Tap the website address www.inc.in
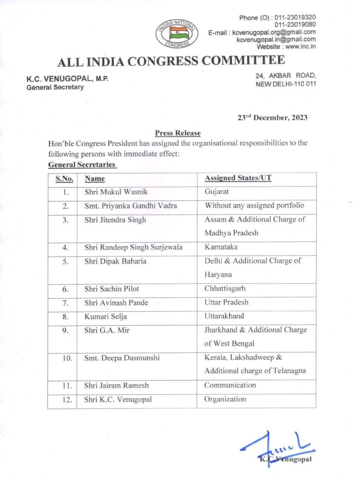(x=298, y=46)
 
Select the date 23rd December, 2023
(x=272, y=118)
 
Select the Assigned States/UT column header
(x=238, y=179)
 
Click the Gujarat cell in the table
(x=216, y=192)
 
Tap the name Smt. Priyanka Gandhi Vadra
(x=127, y=205)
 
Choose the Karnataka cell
(x=220, y=247)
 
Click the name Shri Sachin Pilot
(x=108, y=289)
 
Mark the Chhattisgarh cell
(x=225, y=288)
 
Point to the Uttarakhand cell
(x=224, y=316)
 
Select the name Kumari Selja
(x=105, y=316)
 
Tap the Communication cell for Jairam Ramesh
(x=230, y=385)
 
